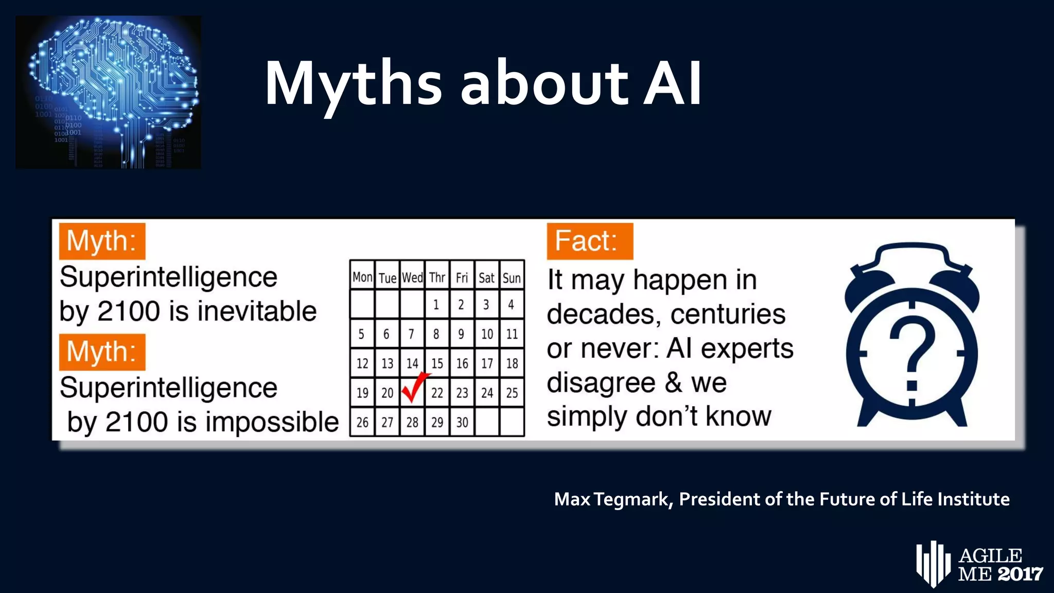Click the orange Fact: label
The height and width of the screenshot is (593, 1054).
click(x=590, y=241)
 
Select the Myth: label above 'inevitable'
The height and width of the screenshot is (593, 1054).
click(x=102, y=241)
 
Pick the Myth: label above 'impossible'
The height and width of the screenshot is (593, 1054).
click(x=102, y=352)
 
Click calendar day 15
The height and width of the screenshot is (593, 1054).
click(x=437, y=363)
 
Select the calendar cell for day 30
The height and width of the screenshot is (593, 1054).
click(x=462, y=423)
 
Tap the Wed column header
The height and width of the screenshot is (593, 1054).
click(x=412, y=278)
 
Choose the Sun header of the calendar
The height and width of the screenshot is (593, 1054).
click(x=512, y=278)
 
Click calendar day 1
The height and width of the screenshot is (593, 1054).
click(x=436, y=305)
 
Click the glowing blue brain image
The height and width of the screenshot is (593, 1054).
click(x=108, y=92)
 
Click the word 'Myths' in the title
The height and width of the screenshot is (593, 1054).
click(x=353, y=83)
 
